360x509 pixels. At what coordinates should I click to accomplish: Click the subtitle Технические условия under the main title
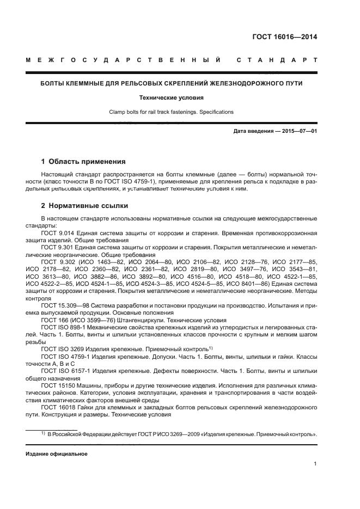coord(180,98)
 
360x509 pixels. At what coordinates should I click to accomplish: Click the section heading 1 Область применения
coord(83,162)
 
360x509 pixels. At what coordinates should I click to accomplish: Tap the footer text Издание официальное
coord(57,453)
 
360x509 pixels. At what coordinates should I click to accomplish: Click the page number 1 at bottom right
coord(315,464)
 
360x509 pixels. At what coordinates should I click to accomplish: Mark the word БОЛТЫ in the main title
coord(54,83)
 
